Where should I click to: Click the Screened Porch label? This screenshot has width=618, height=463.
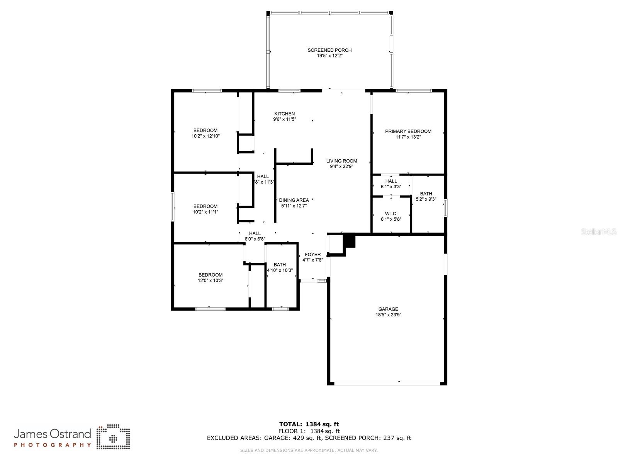click(x=329, y=50)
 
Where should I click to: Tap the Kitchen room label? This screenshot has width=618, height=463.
click(x=285, y=114)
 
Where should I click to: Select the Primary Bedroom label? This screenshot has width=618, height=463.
click(x=408, y=132)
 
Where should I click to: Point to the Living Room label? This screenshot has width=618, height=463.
click(x=341, y=161)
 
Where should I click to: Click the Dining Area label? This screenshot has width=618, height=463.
click(x=294, y=200)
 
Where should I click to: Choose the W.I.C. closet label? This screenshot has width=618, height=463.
click(x=391, y=214)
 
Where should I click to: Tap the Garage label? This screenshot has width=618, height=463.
click(x=388, y=309)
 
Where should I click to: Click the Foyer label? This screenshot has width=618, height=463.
click(x=312, y=255)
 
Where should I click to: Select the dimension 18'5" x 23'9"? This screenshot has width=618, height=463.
click(x=388, y=315)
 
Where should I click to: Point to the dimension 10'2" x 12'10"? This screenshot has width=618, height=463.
click(x=205, y=136)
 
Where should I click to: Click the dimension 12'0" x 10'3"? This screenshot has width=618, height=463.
click(x=211, y=281)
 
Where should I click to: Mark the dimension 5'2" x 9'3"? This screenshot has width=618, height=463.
click(x=426, y=199)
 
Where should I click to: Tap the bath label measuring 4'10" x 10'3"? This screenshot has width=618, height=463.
click(x=280, y=265)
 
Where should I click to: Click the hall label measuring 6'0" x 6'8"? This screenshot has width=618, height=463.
click(x=255, y=233)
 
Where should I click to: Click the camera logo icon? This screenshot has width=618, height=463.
click(x=113, y=437)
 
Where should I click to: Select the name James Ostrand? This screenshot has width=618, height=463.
click(x=53, y=434)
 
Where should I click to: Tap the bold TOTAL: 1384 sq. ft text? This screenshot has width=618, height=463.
click(x=309, y=424)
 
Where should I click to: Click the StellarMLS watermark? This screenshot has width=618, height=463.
click(x=599, y=232)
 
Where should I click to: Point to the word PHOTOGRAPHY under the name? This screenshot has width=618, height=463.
click(x=53, y=445)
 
